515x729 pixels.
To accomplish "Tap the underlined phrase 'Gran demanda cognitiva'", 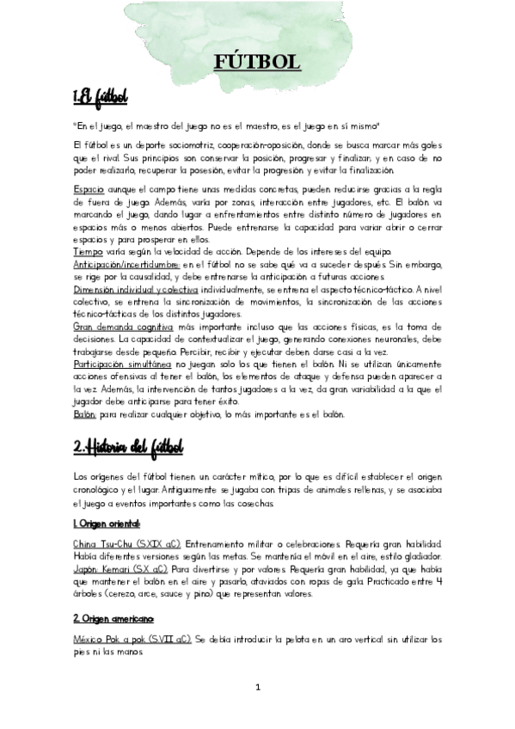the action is coord(117,327).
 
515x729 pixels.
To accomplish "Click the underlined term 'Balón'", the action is coord(84,414).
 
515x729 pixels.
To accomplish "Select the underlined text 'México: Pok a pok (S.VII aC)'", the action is coord(132,640).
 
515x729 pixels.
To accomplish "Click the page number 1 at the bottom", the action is coord(257,688).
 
